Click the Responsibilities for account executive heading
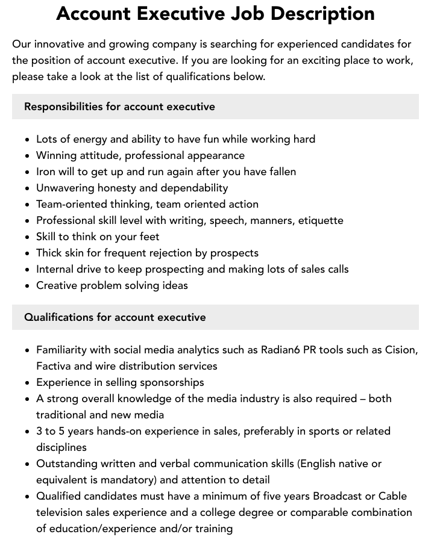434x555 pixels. [x=119, y=107]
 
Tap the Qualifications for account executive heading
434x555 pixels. [x=115, y=317]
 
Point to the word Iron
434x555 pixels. [x=46, y=172]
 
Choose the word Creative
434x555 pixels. [x=57, y=285]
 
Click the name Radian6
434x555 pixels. [x=281, y=350]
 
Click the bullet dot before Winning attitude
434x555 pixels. [x=27, y=156]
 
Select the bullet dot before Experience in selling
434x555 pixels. [x=27, y=383]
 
